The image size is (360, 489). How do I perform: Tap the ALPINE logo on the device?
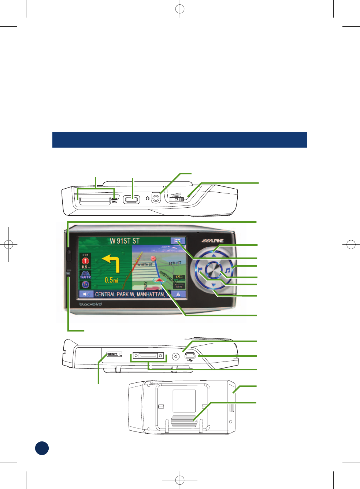(x=213, y=241)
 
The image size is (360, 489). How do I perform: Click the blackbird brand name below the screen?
(x=90, y=304)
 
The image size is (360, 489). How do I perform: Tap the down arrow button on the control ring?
(x=214, y=285)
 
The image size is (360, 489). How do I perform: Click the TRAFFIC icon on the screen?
(x=85, y=275)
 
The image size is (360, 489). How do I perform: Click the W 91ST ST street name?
(x=125, y=241)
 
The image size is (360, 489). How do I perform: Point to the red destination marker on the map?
(x=153, y=259)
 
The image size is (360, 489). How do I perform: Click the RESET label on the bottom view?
(x=113, y=354)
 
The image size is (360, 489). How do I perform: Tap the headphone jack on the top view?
(x=156, y=198)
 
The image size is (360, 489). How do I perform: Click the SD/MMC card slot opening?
(x=95, y=200)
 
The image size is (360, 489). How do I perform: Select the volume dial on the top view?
(x=177, y=199)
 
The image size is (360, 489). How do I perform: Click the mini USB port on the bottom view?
(x=190, y=356)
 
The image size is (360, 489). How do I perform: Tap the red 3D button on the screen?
(x=85, y=284)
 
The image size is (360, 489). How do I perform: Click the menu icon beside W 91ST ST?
(x=178, y=241)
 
